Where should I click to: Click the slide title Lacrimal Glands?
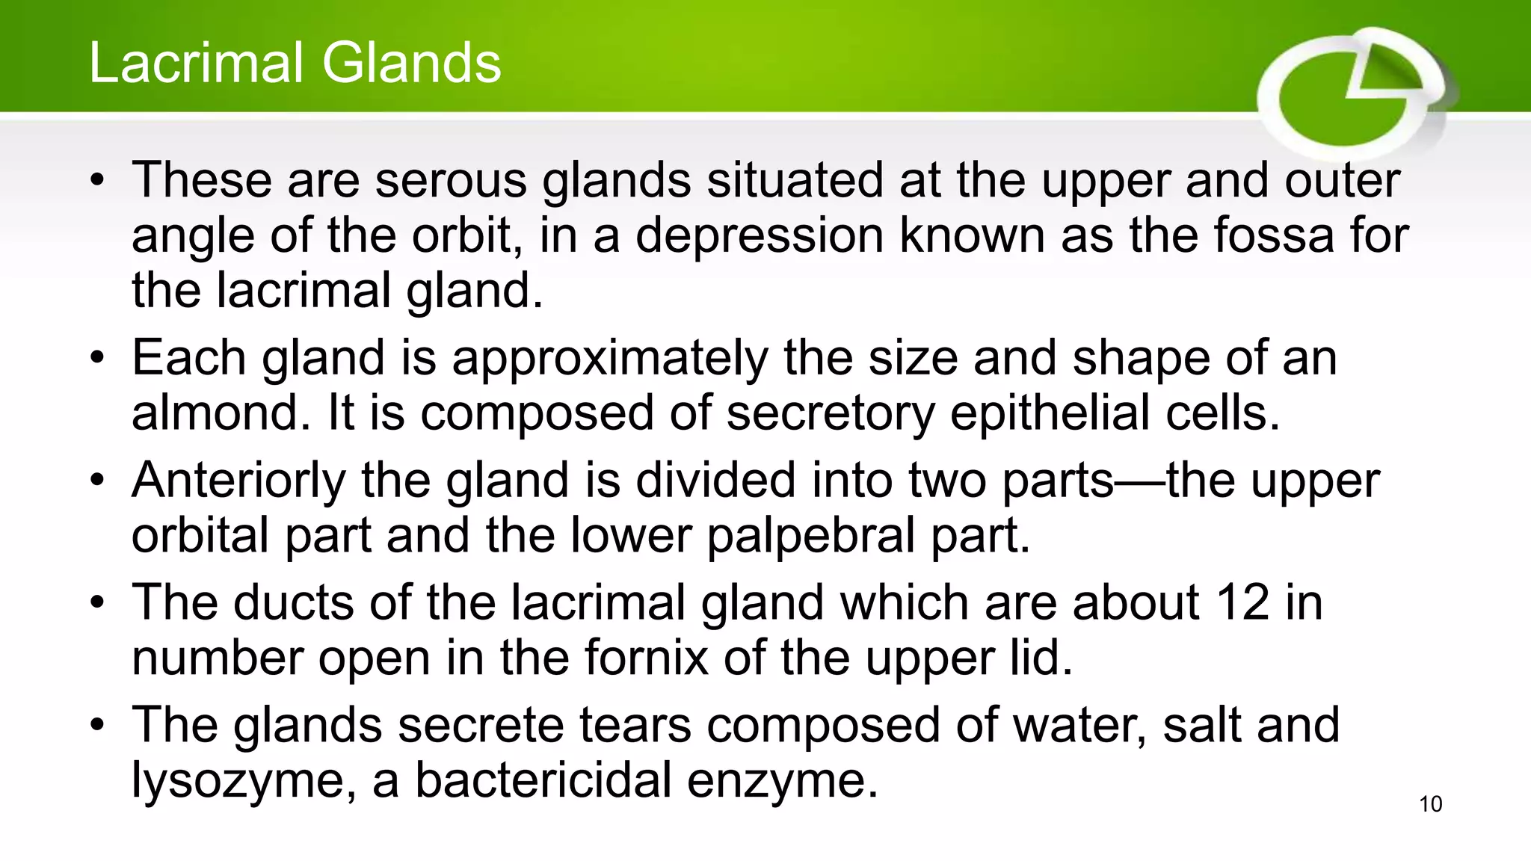[x=295, y=63]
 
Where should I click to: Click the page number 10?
[x=1430, y=804]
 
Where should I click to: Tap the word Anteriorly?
[x=238, y=481]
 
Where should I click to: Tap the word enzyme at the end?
[x=782, y=781]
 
